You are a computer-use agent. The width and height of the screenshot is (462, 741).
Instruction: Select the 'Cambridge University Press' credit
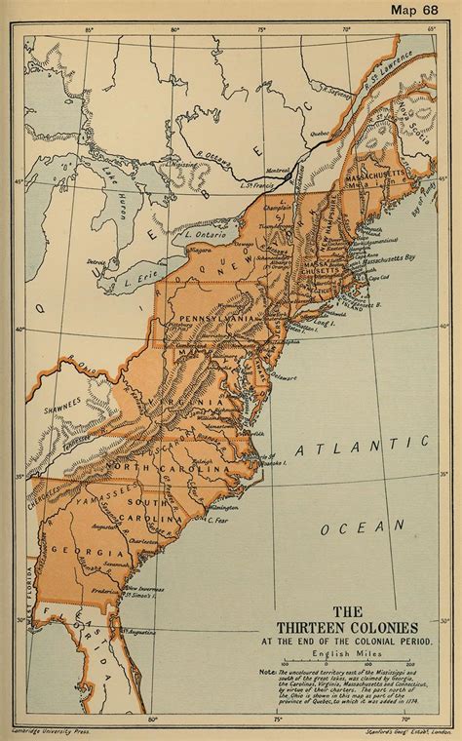[39, 727]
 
